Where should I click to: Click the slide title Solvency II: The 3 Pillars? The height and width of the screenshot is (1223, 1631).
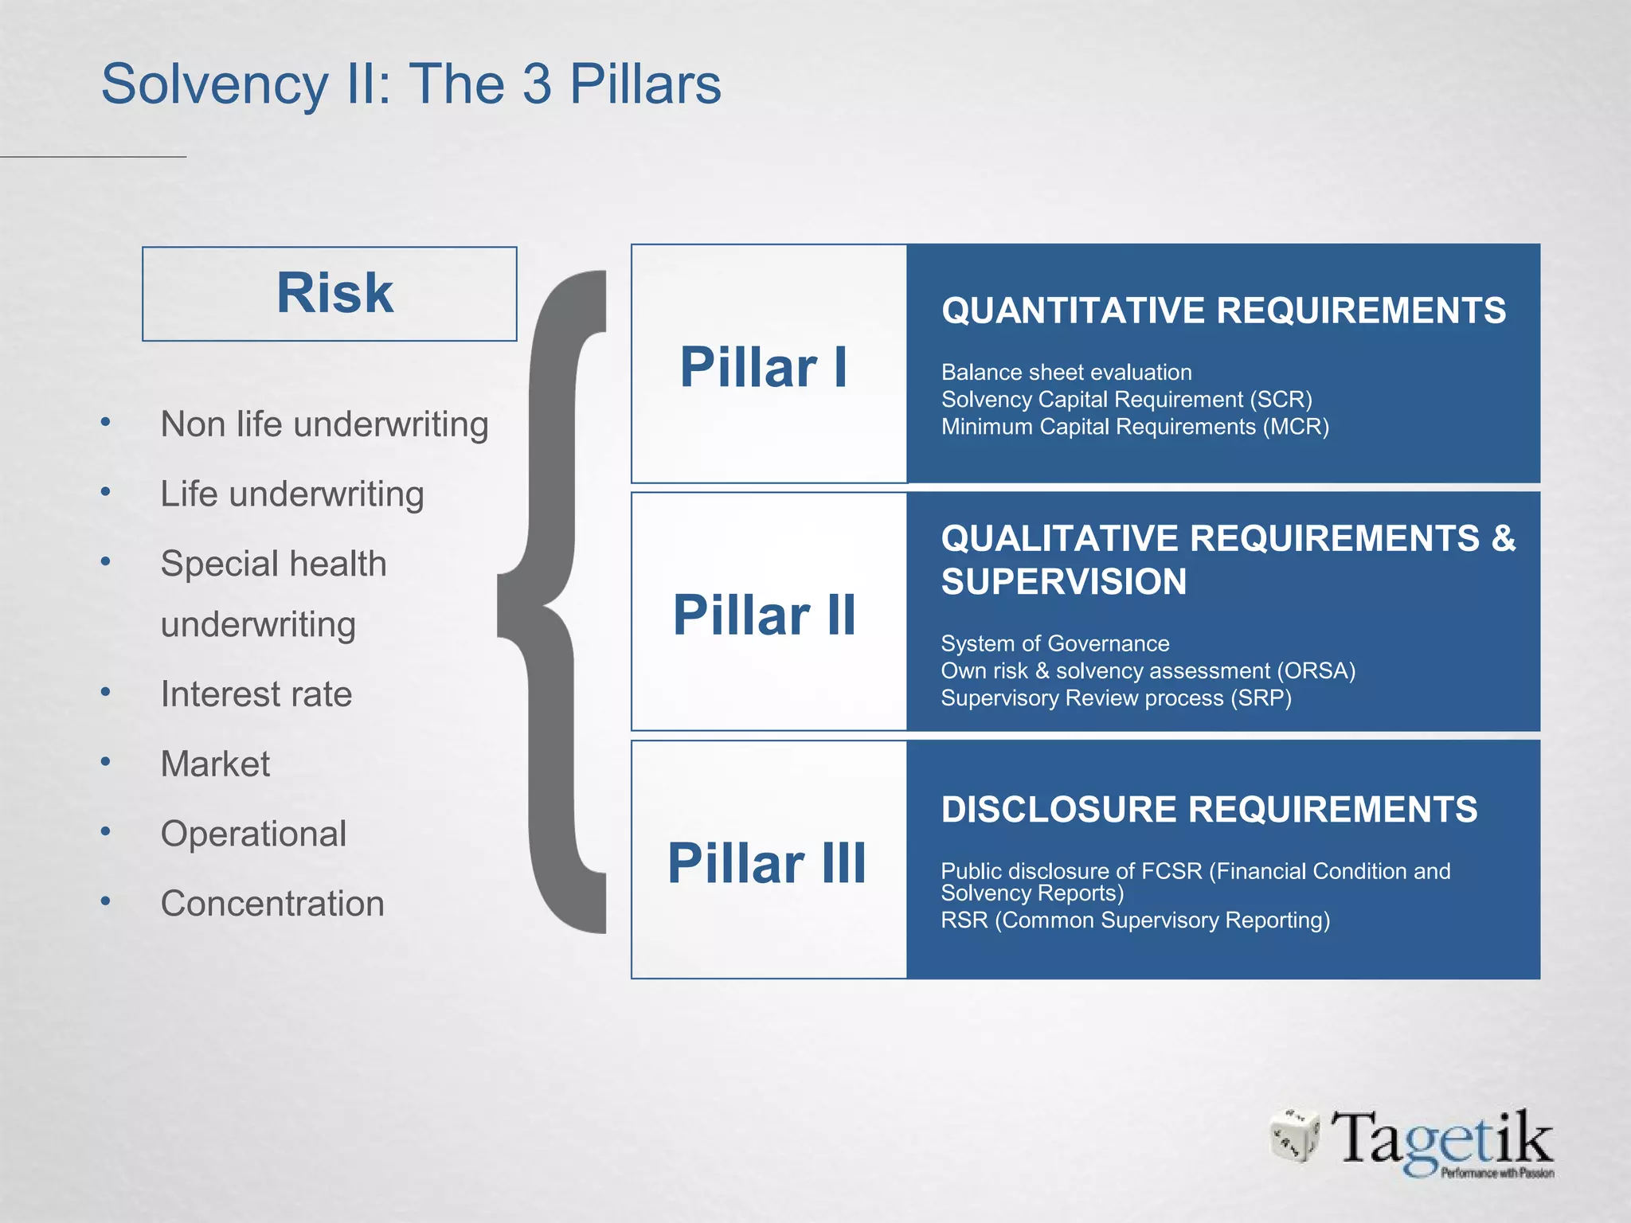[x=411, y=84]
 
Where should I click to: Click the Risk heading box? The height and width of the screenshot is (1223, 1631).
[x=330, y=294]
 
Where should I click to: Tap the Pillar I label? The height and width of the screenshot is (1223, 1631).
[x=763, y=367]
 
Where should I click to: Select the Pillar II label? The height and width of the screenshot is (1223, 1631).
[x=763, y=615]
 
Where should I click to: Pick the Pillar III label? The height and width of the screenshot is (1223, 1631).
[x=766, y=863]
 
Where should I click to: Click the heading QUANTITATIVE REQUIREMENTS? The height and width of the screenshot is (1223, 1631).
[x=1223, y=311]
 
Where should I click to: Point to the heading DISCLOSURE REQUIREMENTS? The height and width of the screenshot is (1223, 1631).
[x=1209, y=810]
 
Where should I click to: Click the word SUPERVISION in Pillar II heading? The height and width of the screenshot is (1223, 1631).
[x=1063, y=582]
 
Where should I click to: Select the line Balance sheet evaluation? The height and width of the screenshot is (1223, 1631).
[x=1066, y=373]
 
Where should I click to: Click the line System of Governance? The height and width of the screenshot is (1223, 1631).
[x=1054, y=643]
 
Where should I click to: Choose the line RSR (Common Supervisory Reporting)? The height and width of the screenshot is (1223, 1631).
[x=1135, y=920]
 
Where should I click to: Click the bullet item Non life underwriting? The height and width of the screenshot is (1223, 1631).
[x=323, y=424]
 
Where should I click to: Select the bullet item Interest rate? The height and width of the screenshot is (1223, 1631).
[x=256, y=694]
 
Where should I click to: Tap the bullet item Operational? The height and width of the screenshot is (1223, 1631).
[x=253, y=834]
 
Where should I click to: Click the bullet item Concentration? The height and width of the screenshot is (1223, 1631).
[x=272, y=904]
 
